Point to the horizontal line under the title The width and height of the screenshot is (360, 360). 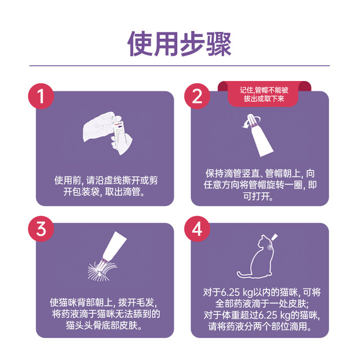pyautogui.click(x=179, y=66)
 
